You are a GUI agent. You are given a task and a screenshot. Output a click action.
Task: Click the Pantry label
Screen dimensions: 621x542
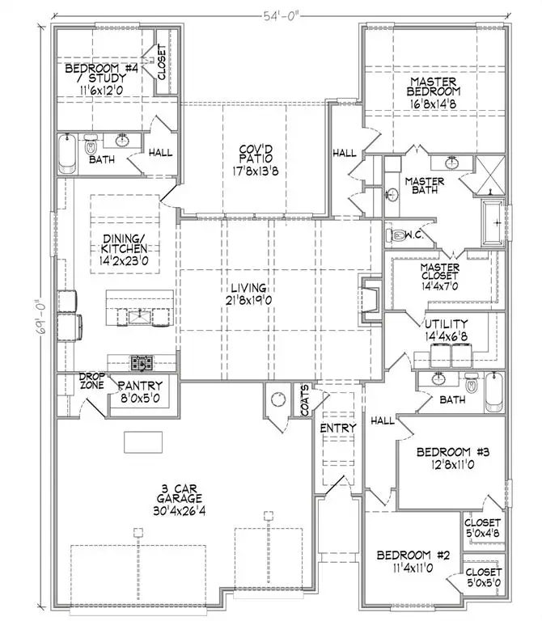(x=141, y=386)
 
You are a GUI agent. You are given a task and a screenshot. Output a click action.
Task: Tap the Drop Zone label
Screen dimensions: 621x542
(x=88, y=382)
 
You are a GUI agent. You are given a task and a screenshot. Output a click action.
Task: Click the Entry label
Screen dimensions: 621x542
(x=333, y=427)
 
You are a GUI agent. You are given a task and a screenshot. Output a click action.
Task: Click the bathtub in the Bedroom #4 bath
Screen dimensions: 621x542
(x=68, y=153)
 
